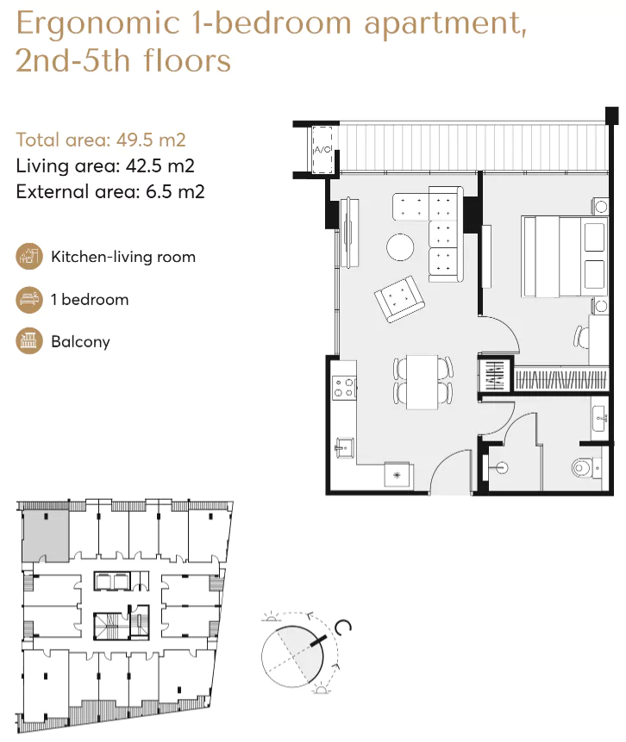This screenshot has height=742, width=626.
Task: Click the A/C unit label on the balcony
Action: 322,150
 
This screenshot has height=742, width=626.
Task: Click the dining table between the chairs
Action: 423,381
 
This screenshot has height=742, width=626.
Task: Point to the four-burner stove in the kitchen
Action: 344,387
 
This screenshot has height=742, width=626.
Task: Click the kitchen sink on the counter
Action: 342,446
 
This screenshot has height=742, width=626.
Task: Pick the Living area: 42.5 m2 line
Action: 105,165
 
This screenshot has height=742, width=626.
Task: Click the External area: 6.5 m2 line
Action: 110,191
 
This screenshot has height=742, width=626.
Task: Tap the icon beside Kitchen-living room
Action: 28,257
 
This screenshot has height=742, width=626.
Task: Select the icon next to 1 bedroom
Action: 28,300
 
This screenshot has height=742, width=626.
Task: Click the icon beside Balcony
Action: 28,341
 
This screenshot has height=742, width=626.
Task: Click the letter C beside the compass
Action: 345,628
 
